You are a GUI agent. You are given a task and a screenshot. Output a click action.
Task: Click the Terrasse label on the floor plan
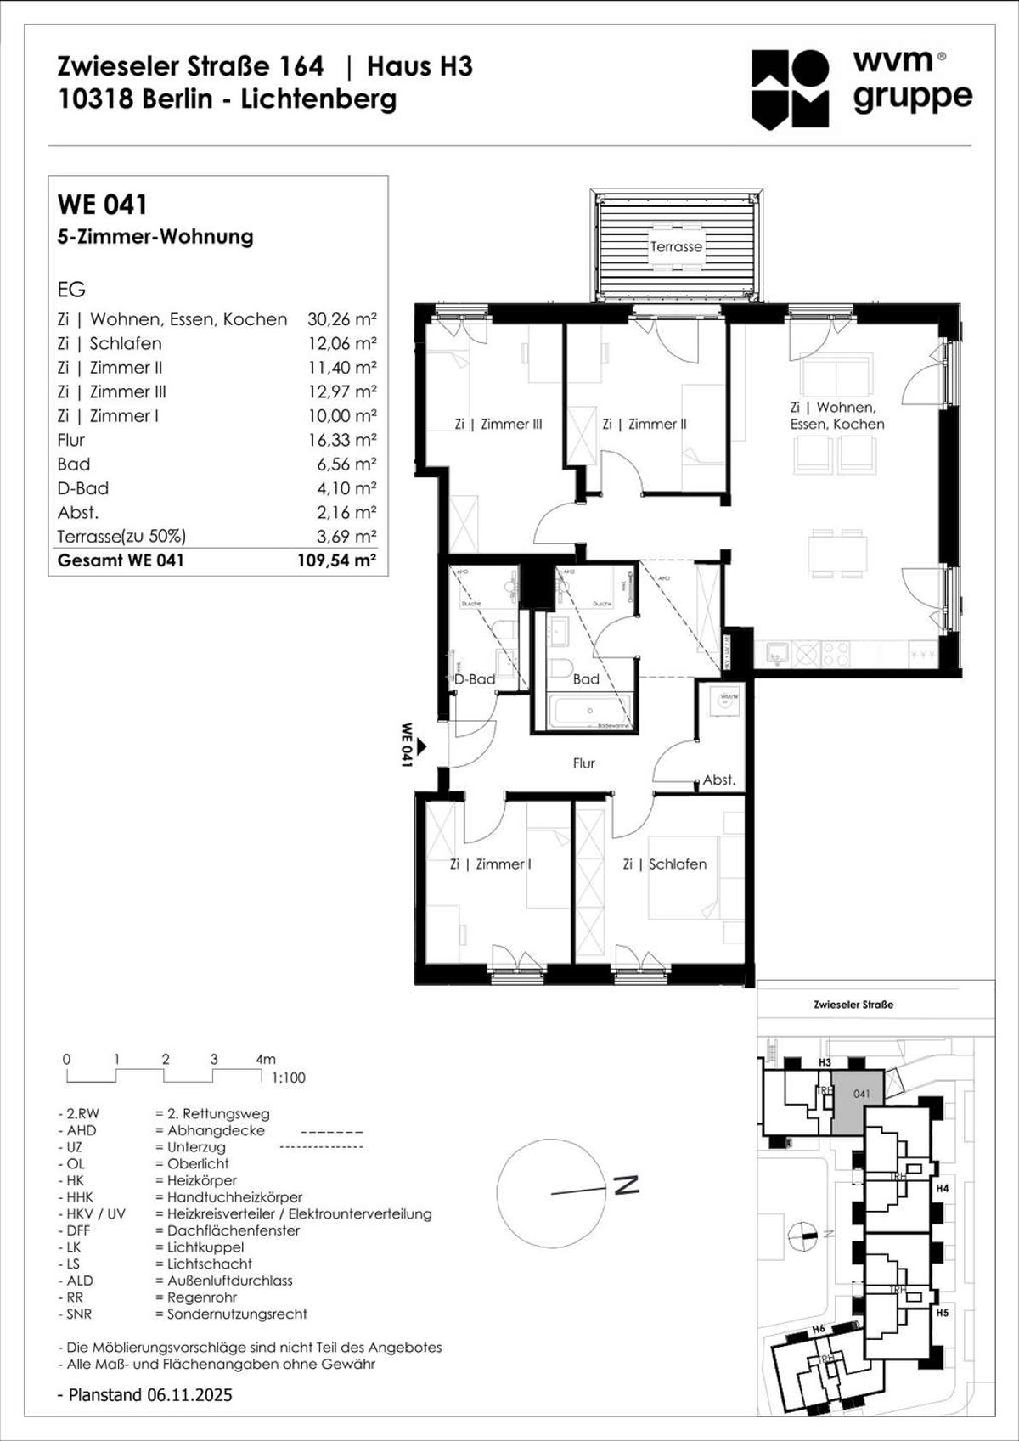(676, 247)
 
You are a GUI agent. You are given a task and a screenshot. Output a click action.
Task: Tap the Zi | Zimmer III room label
(498, 424)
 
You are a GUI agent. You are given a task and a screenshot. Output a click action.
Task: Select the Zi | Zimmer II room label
(644, 424)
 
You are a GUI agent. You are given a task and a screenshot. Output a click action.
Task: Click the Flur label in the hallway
(583, 763)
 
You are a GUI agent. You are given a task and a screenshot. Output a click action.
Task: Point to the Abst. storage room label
(718, 780)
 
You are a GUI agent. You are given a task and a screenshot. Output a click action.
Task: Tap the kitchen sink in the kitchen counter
(776, 653)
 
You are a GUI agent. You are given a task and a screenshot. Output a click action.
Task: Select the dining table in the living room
(837, 554)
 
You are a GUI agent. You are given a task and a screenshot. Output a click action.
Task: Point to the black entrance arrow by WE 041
(421, 746)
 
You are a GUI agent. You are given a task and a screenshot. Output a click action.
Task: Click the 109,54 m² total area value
(336, 560)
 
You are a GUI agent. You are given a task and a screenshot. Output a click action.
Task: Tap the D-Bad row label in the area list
(82, 488)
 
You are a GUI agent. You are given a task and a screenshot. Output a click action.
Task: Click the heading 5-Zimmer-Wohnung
(155, 237)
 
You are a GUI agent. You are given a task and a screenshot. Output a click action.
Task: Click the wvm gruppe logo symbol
(790, 89)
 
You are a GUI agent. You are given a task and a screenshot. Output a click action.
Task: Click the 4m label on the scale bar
(265, 1059)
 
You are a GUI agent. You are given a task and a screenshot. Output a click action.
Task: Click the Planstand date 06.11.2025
(189, 1394)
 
